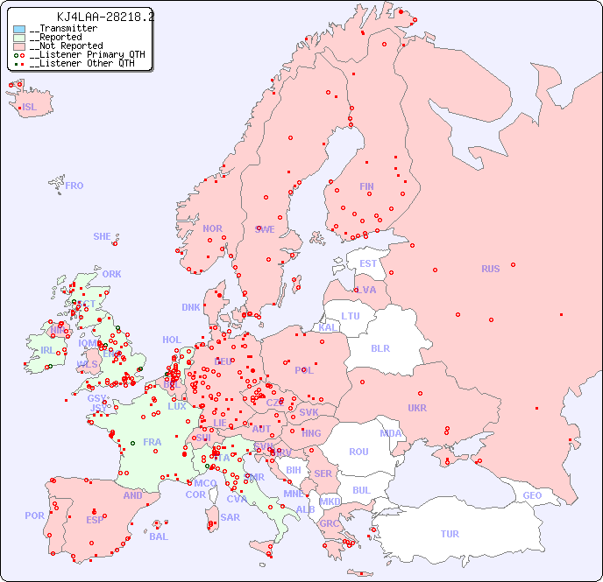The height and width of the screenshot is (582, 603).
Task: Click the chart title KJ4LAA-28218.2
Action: [x=105, y=17]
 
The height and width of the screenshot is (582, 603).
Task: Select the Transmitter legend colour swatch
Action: [x=19, y=29]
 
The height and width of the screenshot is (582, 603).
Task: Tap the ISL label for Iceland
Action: [x=30, y=108]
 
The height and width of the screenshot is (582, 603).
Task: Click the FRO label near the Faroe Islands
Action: [x=74, y=186]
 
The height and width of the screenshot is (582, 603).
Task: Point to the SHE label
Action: [x=103, y=236]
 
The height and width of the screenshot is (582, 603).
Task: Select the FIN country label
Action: [x=366, y=186]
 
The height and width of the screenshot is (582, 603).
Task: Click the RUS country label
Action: [x=490, y=269]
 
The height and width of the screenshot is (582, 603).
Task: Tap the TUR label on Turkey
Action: [x=450, y=534]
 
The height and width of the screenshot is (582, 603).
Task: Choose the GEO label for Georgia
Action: [x=532, y=495]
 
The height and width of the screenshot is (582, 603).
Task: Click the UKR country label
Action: [x=417, y=408]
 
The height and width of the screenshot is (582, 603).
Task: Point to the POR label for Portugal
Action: [x=34, y=515]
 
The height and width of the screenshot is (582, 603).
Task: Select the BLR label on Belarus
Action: [x=380, y=347]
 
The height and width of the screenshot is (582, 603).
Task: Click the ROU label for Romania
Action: [x=358, y=452]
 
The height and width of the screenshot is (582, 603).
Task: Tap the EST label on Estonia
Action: [x=368, y=263]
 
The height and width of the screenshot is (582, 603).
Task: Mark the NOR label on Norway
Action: [x=212, y=228]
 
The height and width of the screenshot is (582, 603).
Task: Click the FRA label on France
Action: [x=153, y=442]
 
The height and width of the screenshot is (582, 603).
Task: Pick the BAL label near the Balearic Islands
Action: [x=159, y=536]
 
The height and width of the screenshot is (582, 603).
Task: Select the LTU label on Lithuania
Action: [x=351, y=316]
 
